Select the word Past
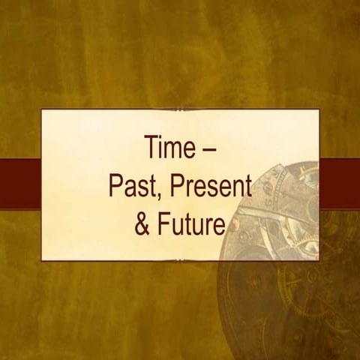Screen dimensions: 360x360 pos(133,184)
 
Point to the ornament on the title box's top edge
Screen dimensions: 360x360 pos(180,109)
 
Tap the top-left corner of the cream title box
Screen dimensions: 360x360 pos(43,111)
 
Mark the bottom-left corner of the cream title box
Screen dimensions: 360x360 pos(43,259)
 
